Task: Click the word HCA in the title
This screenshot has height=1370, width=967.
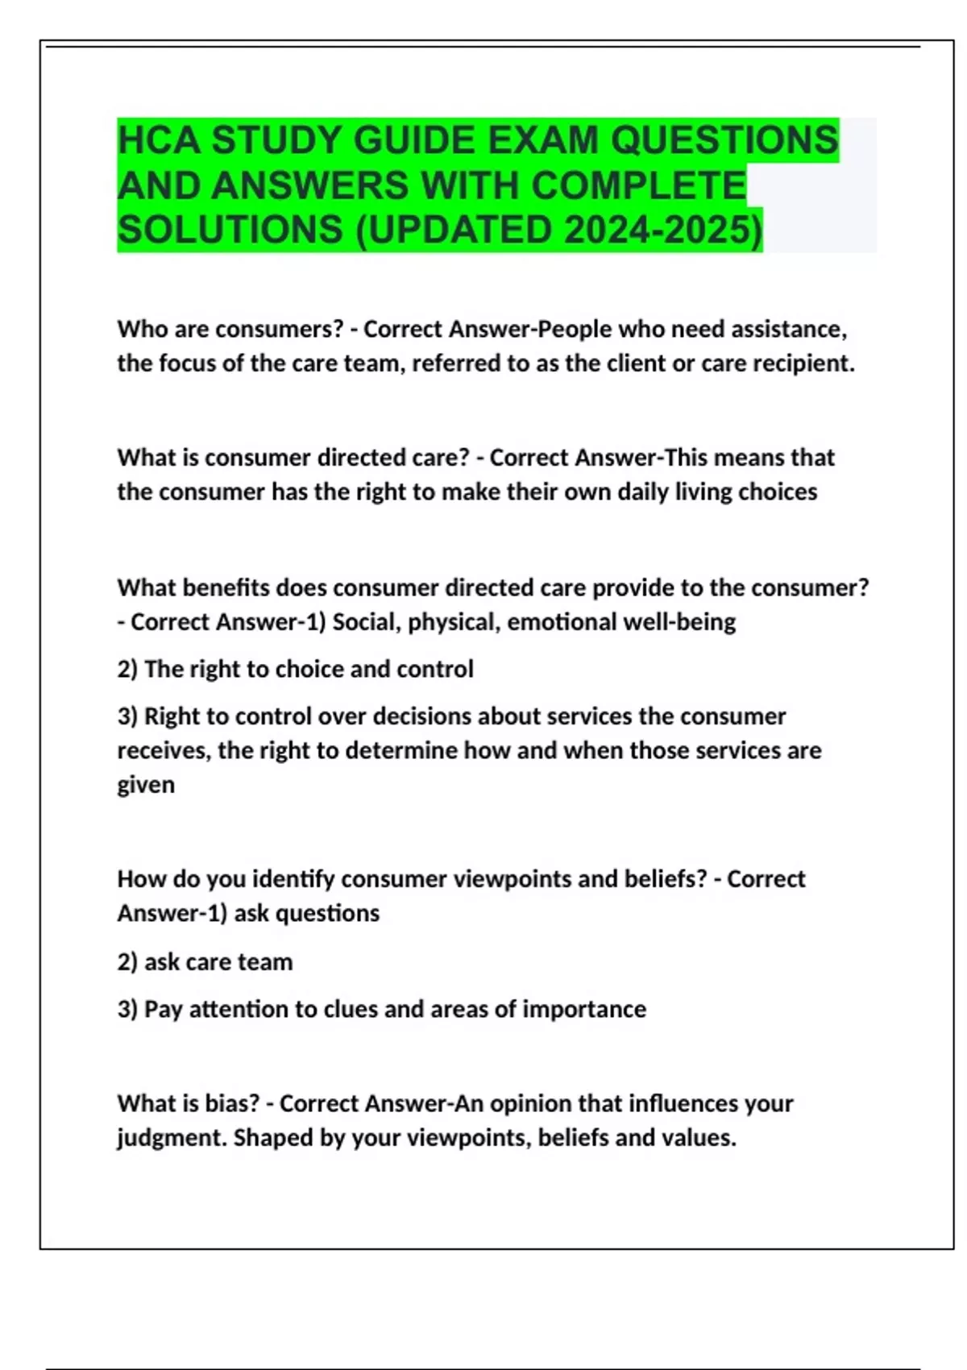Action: (x=159, y=140)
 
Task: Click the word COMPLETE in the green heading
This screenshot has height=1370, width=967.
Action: (x=638, y=185)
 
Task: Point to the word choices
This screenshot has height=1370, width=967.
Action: (x=777, y=492)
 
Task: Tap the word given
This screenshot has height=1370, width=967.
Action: (x=146, y=785)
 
